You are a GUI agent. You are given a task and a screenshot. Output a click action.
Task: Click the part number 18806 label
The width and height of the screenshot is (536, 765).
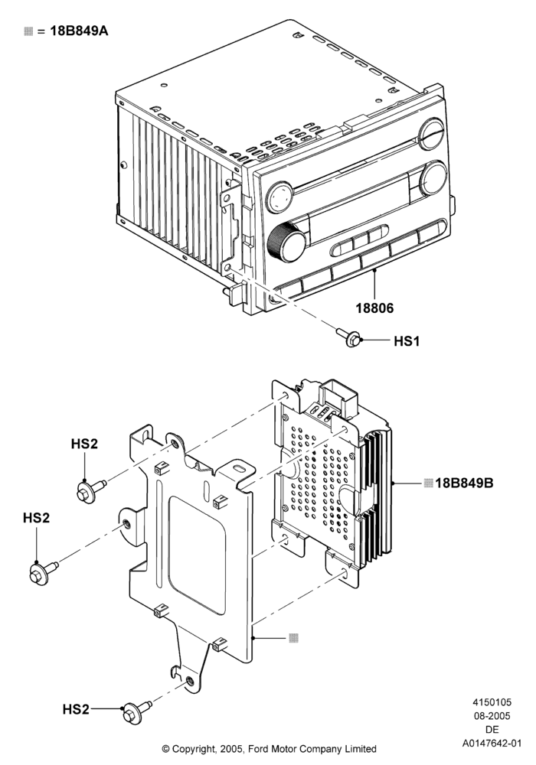(374, 308)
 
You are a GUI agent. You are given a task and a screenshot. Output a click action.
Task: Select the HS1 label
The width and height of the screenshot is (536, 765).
(406, 340)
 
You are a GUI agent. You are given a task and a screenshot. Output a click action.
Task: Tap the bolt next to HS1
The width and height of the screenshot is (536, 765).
(349, 337)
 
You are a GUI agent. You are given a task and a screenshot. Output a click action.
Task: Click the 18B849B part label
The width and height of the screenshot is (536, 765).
(464, 483)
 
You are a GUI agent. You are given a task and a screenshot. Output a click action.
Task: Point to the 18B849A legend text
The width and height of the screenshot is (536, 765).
(79, 31)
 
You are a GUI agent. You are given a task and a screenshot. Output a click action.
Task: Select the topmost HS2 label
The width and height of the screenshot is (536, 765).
(84, 444)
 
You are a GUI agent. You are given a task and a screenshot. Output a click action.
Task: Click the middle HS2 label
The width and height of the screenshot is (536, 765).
(36, 518)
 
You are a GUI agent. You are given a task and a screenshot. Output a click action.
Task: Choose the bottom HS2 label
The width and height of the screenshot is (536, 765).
(76, 709)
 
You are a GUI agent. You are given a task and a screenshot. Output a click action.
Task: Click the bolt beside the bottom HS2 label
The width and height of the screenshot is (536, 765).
(136, 711)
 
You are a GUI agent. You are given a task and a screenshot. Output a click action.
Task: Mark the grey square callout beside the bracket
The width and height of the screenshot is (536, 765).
(293, 638)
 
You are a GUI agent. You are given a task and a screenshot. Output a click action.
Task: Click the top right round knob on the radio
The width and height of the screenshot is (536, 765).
(432, 133)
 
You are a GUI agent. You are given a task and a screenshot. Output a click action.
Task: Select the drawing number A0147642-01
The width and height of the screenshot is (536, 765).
(492, 744)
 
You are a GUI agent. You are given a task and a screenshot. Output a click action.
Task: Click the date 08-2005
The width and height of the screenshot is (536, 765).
(492, 716)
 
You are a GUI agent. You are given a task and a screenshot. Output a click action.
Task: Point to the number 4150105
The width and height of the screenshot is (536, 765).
(492, 702)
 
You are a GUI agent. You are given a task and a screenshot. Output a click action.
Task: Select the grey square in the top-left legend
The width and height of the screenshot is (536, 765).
(28, 31)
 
